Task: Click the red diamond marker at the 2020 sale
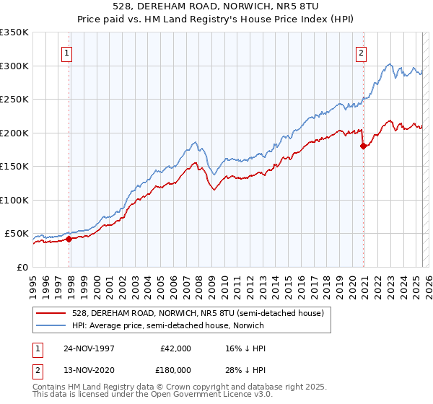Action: tap(363, 146)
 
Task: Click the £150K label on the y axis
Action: tap(14, 167)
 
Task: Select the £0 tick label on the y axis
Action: tap(23, 268)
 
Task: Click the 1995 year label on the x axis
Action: tap(32, 284)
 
